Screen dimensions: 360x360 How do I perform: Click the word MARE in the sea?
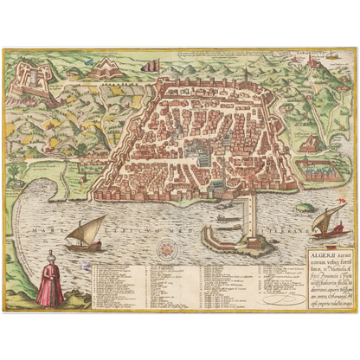click(x=42, y=231)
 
